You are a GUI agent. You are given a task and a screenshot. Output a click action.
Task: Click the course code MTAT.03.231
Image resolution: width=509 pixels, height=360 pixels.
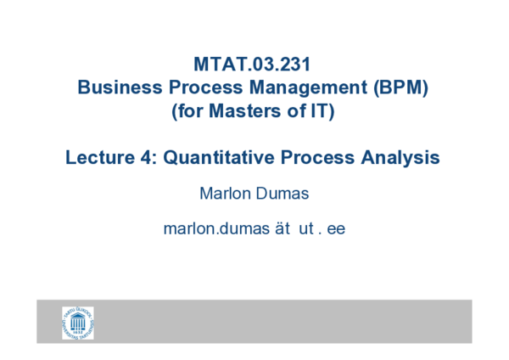pos(254,65)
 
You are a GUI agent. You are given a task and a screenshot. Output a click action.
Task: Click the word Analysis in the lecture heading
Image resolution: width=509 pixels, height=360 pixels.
pos(400,158)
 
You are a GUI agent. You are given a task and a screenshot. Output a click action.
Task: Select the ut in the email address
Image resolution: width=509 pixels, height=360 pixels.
pos(305,229)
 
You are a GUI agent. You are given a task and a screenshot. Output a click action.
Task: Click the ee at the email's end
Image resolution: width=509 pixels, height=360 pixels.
pos(337,229)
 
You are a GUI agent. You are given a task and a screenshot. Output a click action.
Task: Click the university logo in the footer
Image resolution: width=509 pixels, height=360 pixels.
pos(77,322)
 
